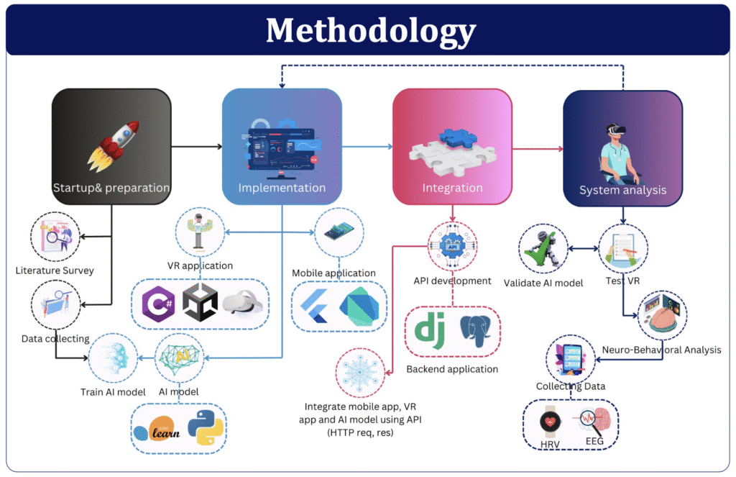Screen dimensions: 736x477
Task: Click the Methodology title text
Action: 371,31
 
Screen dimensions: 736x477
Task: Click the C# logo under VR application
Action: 159,304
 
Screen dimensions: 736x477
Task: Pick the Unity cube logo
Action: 200,303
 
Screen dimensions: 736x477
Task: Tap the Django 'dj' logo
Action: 430,332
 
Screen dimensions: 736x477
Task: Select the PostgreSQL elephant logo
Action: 476,331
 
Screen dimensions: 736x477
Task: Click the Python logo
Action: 206,427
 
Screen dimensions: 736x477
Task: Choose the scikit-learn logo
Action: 157,429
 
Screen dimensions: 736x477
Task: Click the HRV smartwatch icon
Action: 550,422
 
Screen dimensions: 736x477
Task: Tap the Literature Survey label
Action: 55,271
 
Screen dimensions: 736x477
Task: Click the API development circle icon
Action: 453,246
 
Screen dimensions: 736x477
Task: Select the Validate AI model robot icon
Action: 543,249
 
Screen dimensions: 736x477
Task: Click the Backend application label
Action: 452,369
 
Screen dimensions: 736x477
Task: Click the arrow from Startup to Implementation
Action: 197,147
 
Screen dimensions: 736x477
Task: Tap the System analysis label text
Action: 622,191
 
